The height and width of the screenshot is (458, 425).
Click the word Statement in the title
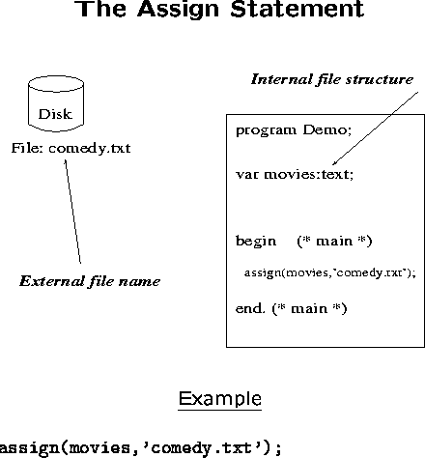coord(297,9)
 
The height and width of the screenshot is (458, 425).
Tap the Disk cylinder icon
coord(56,103)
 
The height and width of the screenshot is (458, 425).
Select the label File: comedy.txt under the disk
coord(71,149)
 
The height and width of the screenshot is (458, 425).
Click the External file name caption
coord(90,281)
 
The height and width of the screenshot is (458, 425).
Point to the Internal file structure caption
coord(332,79)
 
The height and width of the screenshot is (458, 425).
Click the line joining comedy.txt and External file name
coord(72,212)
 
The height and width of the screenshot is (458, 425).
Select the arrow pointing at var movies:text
coord(375,129)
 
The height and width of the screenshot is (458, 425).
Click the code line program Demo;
coord(294,130)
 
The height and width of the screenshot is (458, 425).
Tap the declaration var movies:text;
coord(295,174)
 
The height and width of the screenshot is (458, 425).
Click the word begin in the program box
coord(256,242)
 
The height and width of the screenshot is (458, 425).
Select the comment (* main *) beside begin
coord(334,242)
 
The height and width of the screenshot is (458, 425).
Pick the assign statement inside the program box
coord(330,273)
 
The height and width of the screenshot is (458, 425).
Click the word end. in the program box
coord(250,308)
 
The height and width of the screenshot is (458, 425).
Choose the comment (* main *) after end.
coord(309,309)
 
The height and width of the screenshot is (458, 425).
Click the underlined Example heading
coord(220,400)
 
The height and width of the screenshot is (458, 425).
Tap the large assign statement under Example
coord(141,448)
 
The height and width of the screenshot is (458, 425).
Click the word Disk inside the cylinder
coord(55,114)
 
